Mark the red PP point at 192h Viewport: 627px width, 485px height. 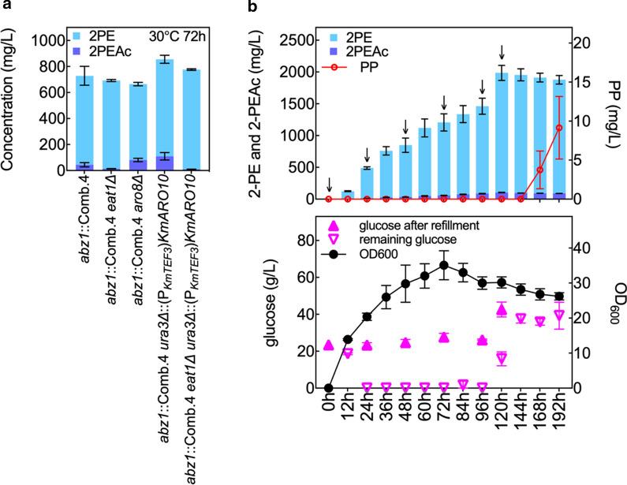(558, 128)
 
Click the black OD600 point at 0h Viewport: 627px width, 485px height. (328, 388)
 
